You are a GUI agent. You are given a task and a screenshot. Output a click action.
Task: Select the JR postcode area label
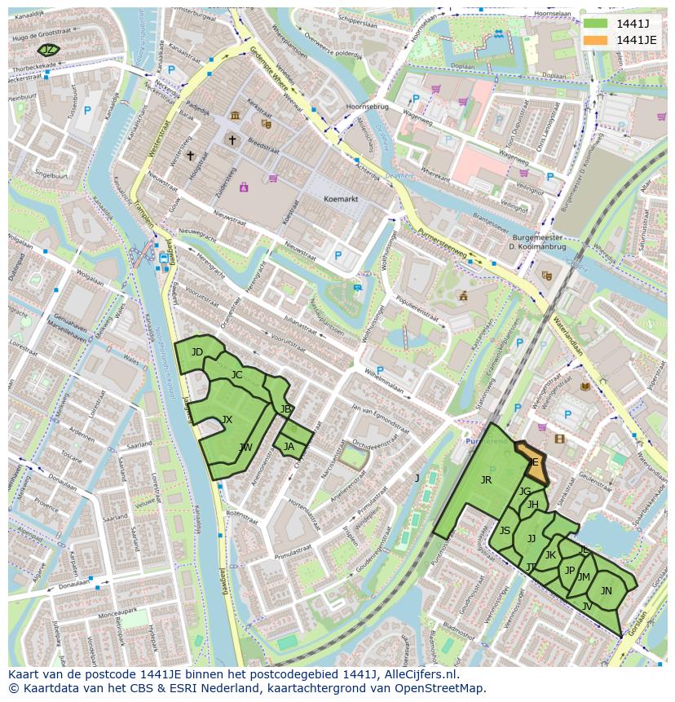pyautogui.click(x=486, y=480)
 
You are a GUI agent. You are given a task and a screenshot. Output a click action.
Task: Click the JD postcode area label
pyautogui.click(x=197, y=352)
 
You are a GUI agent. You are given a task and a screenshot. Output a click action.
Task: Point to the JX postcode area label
pyautogui.click(x=227, y=420)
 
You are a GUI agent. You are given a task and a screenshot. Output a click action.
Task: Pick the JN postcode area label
pyautogui.click(x=606, y=591)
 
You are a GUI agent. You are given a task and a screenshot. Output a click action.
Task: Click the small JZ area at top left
pyautogui.click(x=49, y=51)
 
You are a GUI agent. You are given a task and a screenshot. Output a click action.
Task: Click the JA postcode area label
pyautogui.click(x=289, y=446)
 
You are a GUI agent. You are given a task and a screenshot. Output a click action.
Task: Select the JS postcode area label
pyautogui.click(x=505, y=531)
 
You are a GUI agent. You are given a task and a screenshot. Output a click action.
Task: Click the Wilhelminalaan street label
pyautogui.click(x=386, y=379)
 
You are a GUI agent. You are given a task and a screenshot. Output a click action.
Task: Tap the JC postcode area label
pyautogui.click(x=236, y=375)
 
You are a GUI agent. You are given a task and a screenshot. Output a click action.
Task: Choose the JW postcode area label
pyautogui.click(x=245, y=448)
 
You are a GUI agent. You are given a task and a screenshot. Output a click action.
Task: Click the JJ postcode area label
pyautogui.click(x=532, y=538)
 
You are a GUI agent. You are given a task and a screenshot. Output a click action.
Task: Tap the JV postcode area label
pyautogui.click(x=586, y=606)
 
